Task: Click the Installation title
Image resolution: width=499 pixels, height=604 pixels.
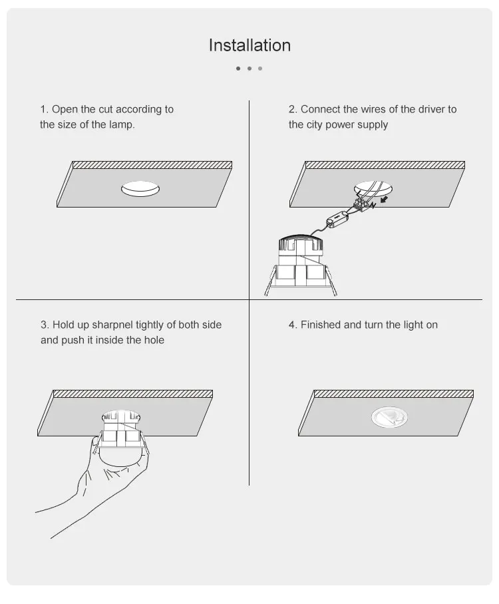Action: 249,45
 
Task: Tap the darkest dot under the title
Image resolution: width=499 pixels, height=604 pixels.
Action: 238,68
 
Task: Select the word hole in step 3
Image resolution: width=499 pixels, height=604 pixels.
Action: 152,340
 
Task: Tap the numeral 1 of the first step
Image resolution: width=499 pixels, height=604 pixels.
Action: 43,109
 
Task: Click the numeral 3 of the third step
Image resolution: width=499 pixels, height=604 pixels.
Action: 43,325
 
